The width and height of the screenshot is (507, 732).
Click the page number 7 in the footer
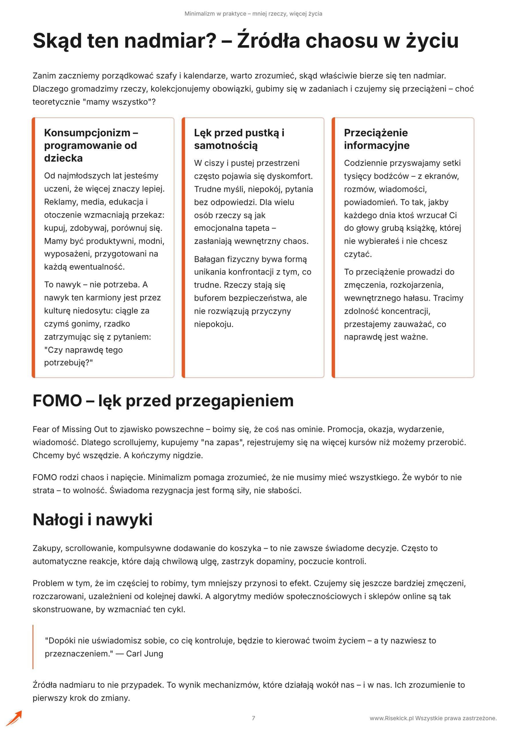[x=253, y=718]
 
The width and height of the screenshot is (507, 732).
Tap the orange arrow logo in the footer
[x=14, y=718]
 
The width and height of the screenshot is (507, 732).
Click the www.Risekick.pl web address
[x=391, y=718]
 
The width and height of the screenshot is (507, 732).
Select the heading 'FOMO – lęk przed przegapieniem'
[x=163, y=401]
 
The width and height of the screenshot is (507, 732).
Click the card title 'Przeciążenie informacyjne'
[x=376, y=139]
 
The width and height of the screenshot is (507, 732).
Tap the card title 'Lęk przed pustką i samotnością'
[x=239, y=139]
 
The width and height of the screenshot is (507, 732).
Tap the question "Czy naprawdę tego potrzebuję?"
[x=83, y=356]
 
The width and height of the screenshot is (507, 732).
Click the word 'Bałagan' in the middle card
[x=209, y=259]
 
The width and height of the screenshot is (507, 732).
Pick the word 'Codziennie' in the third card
[x=365, y=163]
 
